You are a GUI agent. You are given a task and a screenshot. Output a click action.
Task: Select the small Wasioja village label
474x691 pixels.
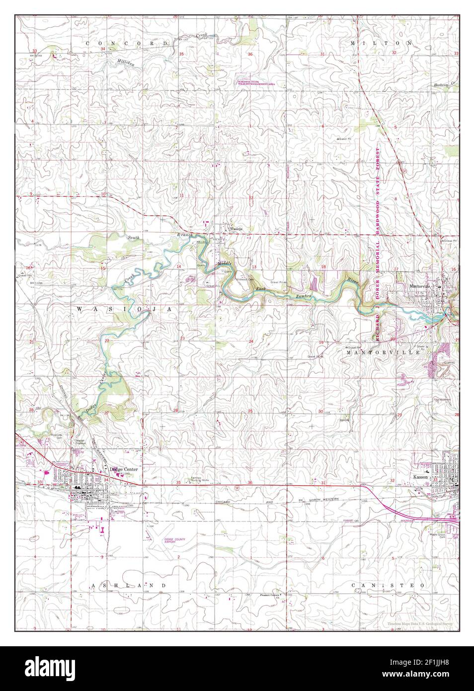[235, 229]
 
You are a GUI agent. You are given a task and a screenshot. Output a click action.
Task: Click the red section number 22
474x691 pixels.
[107, 341]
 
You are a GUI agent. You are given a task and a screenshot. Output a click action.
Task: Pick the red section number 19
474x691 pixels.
[321, 342]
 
